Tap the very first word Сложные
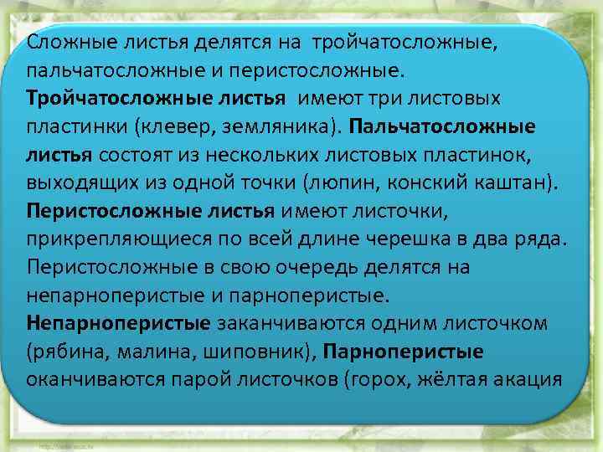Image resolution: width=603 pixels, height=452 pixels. (x=64, y=42)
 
